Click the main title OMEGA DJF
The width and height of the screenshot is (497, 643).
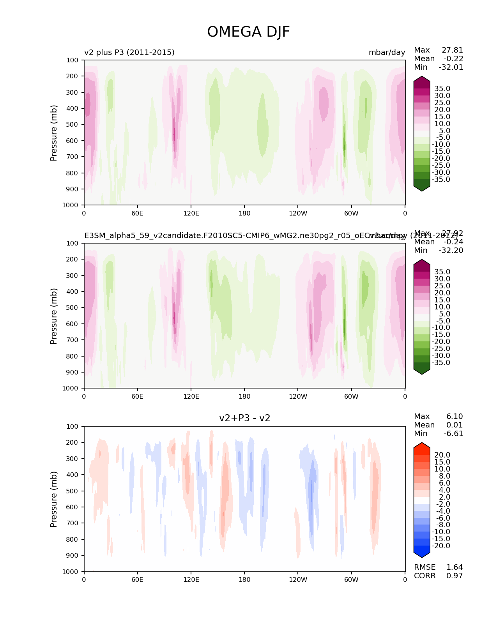(x=248, y=32)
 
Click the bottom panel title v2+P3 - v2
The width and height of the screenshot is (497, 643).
(x=244, y=418)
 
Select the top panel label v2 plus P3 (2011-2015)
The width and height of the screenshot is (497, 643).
(x=129, y=52)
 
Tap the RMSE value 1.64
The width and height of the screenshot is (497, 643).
(x=455, y=567)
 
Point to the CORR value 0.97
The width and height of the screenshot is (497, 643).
(x=455, y=576)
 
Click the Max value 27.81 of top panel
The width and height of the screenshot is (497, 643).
(x=452, y=50)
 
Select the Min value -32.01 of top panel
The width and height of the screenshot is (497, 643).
(x=451, y=67)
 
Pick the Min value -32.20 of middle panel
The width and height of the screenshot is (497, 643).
(x=451, y=250)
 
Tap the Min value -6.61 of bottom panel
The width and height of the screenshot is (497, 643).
(x=453, y=433)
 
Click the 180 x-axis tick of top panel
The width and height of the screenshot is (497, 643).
(x=244, y=213)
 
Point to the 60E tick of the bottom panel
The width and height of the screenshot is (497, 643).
(x=137, y=579)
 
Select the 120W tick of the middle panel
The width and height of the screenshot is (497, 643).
(x=298, y=396)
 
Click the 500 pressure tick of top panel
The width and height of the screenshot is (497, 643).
(x=73, y=124)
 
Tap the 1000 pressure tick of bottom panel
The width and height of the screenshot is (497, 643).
(x=71, y=572)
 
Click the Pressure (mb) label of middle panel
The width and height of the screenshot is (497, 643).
(x=54, y=316)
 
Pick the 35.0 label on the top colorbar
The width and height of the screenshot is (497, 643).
(x=442, y=89)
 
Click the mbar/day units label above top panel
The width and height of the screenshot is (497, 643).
(x=387, y=52)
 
